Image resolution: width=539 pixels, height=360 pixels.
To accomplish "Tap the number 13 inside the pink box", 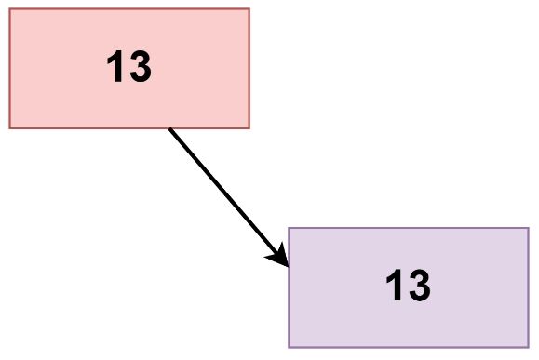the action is [129, 68].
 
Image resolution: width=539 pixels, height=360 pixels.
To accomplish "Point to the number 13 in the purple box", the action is [409, 287].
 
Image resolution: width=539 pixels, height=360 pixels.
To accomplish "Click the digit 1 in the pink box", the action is [117, 68].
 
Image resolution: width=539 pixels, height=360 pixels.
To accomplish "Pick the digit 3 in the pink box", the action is [140, 68].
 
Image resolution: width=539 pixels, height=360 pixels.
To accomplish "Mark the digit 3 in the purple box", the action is [419, 287].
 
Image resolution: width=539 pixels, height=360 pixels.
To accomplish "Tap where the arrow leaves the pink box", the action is [169, 128].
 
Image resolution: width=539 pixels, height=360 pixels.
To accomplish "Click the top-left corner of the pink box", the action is [9, 8].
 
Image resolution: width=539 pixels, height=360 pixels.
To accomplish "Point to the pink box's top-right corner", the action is [249, 8].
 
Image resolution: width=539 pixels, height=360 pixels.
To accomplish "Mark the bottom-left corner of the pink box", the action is [9, 127].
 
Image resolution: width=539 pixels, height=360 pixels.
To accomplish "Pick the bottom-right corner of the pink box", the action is [249, 127].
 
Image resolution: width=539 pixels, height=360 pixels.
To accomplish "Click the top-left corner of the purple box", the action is [289, 228].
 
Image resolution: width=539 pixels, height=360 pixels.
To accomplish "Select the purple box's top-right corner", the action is [528, 228].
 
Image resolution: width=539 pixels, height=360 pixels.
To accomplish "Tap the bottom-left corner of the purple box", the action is [289, 346].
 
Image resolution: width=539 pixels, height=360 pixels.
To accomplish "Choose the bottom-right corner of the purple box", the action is [528, 346].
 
